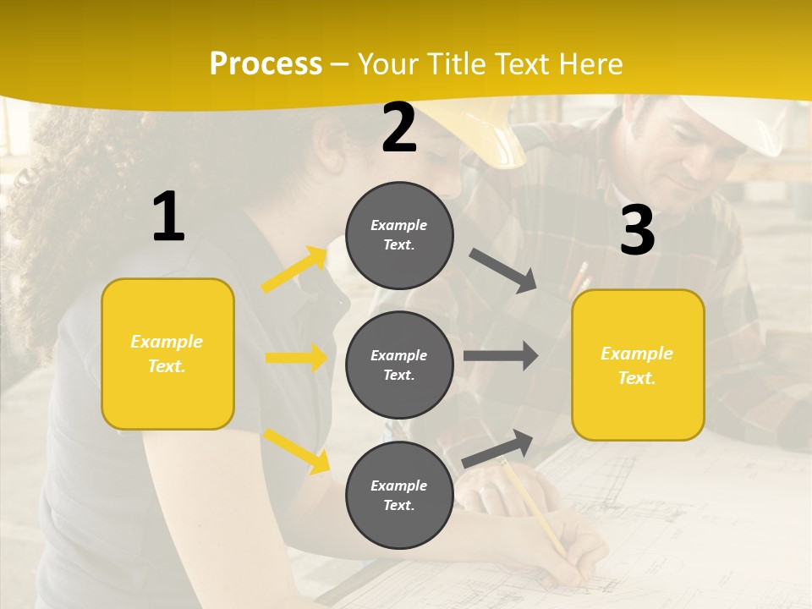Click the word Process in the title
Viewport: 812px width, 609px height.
(266, 64)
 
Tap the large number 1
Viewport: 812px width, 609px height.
(168, 217)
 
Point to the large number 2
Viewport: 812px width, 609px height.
(399, 128)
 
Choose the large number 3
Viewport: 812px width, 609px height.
(637, 231)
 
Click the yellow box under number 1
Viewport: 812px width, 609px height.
(167, 354)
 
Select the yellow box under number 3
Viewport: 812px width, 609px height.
(638, 365)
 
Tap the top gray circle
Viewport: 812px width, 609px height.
(399, 235)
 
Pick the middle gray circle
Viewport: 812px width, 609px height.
(399, 365)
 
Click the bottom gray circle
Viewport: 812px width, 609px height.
(399, 495)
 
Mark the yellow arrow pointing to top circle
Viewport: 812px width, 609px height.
(294, 270)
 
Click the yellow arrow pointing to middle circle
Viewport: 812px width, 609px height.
(296, 358)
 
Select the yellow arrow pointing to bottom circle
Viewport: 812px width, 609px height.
(296, 450)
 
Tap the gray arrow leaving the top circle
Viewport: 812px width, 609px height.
(502, 270)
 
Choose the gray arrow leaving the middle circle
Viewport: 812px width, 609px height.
(500, 356)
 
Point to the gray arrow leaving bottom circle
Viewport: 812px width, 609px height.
(497, 448)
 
